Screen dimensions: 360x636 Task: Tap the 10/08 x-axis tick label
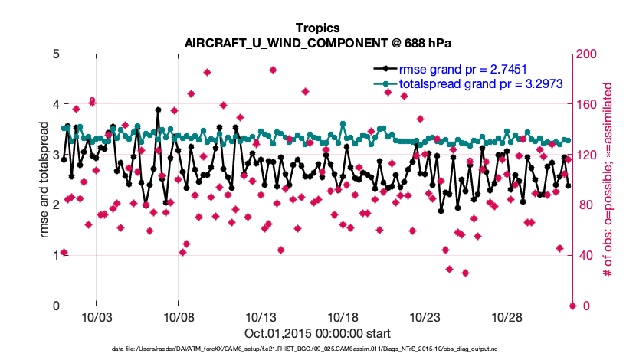[178, 317]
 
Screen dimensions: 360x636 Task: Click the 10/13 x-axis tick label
[260, 317]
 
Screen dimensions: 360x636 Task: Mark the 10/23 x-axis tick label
[425, 317]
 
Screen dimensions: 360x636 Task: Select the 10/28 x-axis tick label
[507, 317]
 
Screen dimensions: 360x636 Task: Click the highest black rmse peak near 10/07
[158, 110]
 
